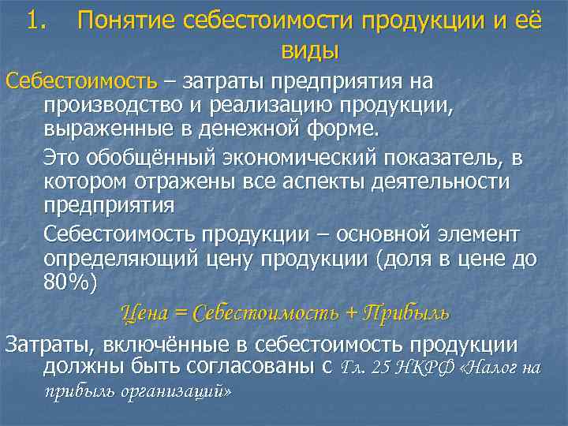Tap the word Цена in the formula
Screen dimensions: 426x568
pos(144,313)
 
